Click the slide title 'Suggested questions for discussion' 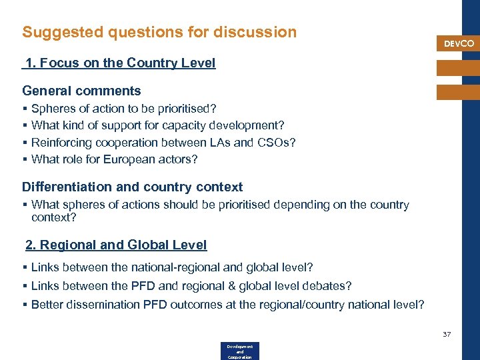[x=159, y=32]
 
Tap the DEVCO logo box [x=459, y=43]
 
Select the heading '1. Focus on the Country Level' [x=121, y=63]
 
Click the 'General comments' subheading [x=81, y=91]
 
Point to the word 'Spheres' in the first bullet [x=52, y=108]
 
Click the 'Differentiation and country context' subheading [x=132, y=187]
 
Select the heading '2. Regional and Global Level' [x=116, y=245]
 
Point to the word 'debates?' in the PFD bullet [x=329, y=286]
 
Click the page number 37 [x=447, y=333]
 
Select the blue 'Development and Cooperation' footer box [x=239, y=351]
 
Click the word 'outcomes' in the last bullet [x=188, y=305]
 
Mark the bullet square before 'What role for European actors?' [x=25, y=159]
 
